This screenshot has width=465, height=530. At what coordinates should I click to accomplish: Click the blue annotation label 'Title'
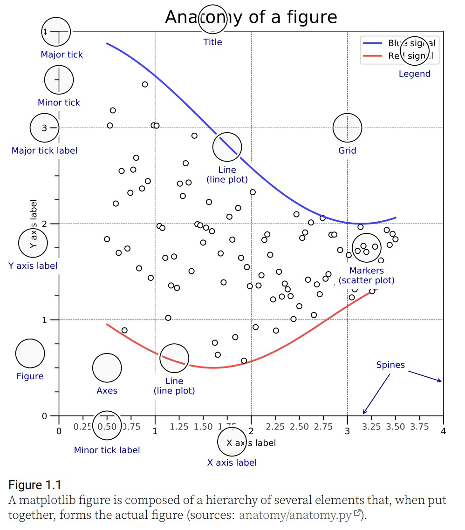[212, 42]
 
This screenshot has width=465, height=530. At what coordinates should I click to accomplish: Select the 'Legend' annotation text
[414, 74]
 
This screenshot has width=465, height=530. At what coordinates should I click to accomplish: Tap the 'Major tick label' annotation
[44, 150]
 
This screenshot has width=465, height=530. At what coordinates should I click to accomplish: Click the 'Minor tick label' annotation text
[107, 450]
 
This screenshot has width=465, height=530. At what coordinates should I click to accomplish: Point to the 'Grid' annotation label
[347, 150]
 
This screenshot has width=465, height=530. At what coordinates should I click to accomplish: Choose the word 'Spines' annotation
[390, 365]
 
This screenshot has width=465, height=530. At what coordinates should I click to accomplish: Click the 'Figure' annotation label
[30, 376]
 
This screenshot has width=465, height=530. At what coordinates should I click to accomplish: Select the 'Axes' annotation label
[107, 391]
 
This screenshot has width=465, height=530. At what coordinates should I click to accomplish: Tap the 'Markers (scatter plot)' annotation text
[366, 275]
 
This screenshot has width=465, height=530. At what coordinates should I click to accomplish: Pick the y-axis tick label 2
[44, 224]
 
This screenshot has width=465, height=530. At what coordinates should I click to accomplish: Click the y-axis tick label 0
[44, 416]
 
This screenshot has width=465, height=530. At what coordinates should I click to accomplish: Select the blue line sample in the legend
[372, 43]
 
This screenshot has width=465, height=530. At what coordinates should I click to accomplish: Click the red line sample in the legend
[372, 56]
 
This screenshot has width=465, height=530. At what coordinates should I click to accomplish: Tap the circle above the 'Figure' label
[30, 353]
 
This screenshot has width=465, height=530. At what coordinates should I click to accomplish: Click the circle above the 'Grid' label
[347, 128]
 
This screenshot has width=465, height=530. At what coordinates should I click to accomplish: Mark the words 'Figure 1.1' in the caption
[34, 485]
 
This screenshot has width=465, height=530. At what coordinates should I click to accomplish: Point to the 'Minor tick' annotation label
[59, 102]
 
